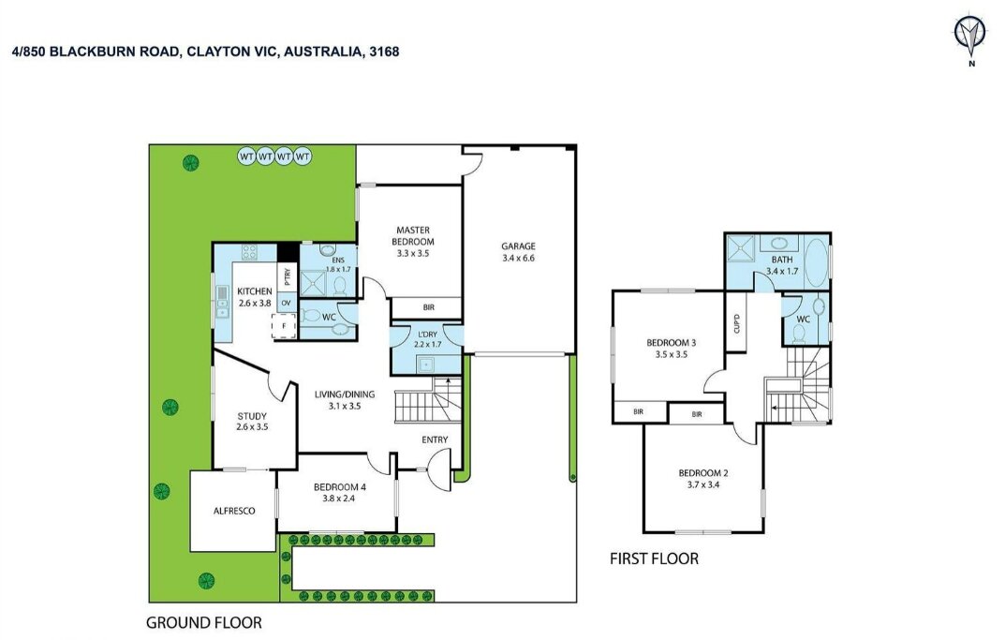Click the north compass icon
pos(969,37)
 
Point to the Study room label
pos(252,422)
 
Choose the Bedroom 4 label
pos(340,493)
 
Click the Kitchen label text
pos(254,297)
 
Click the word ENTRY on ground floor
pos(435,440)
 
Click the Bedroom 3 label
pos(667,349)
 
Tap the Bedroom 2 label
pos(702,479)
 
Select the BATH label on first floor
pos(781,265)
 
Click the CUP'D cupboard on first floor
pos(736,324)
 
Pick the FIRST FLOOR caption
pos(654,559)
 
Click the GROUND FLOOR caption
pos(204,622)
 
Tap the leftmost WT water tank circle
pos(246,156)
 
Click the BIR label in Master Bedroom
pos(428,307)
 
